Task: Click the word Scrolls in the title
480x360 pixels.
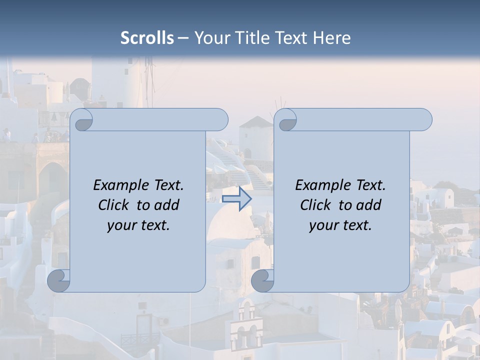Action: point(147,38)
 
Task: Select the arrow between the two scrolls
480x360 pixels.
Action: point(236,199)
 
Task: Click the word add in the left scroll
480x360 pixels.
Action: point(167,205)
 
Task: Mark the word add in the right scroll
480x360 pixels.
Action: point(369,205)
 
